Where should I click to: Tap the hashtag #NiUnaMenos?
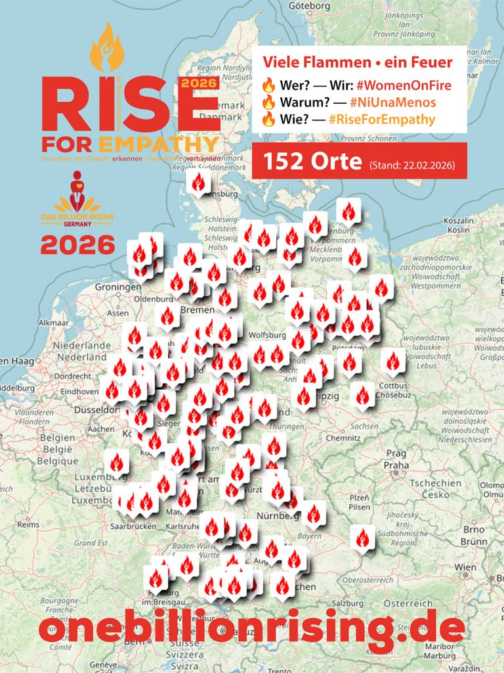tap(392, 102)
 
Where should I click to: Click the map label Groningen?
tap(117, 287)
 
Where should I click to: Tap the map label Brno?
tap(474, 530)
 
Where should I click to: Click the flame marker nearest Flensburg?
tap(198, 183)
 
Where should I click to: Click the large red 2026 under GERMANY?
tap(77, 246)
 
